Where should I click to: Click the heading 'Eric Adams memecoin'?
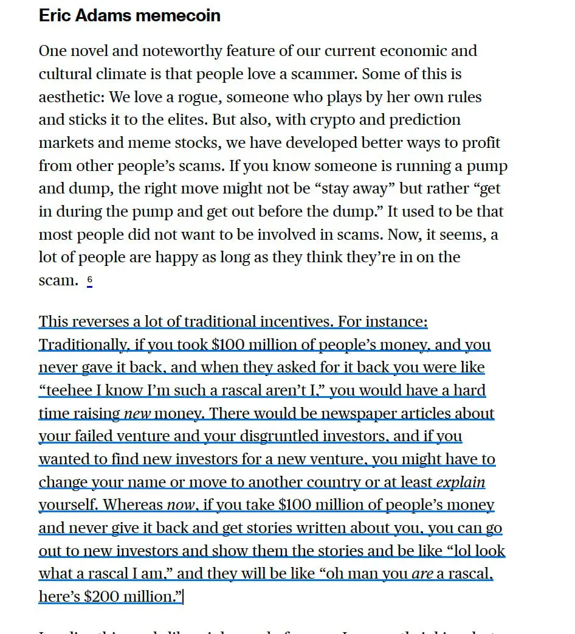(x=129, y=15)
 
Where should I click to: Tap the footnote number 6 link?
(x=89, y=280)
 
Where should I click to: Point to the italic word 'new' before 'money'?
(x=137, y=414)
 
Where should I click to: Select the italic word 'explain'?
(x=461, y=482)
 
